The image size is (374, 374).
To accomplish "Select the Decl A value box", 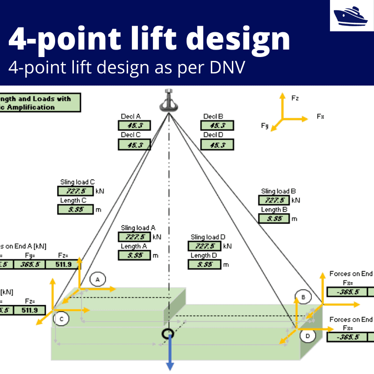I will [134, 125].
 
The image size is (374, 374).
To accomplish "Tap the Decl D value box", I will [217, 145].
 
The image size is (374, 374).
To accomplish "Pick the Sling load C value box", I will [75, 191].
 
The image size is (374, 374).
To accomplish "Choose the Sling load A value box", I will [134, 237].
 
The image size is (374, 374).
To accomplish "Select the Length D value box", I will [204, 264].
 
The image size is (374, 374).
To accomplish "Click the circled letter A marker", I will [98, 279].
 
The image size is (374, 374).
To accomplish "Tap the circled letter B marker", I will [303, 297].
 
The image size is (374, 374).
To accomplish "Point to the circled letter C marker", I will [61, 319].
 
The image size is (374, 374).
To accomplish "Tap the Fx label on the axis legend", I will [320, 116].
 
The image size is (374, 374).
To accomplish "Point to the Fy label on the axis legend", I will [265, 125].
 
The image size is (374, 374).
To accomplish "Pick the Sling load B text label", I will [278, 191].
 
